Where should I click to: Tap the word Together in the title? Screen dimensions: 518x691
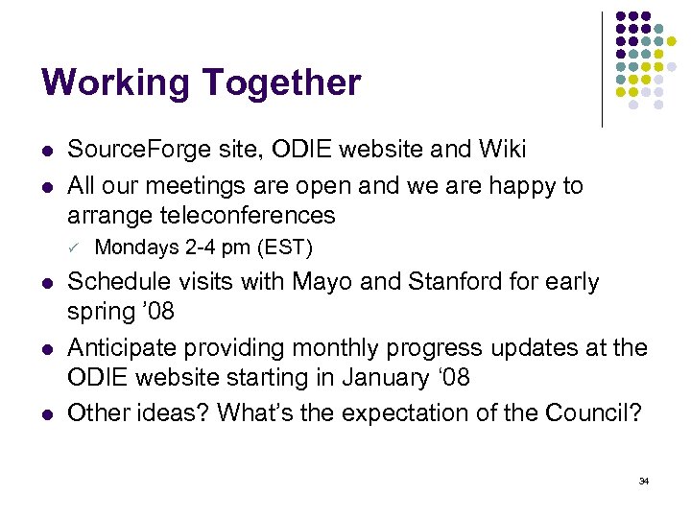coord(282,83)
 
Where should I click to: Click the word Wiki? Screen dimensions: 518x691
coord(502,150)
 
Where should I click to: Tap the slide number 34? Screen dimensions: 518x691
coord(644,480)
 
